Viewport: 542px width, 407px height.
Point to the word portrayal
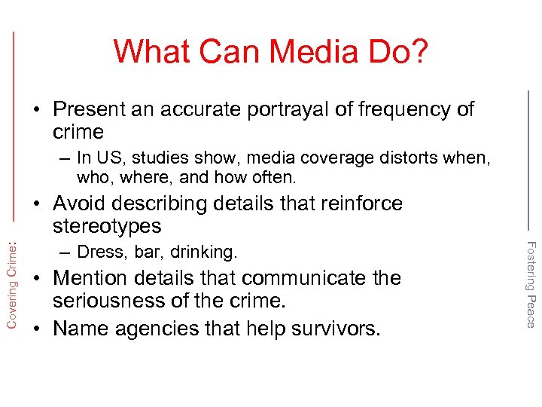coord(276,109)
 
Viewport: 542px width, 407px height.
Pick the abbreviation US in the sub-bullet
coord(102,158)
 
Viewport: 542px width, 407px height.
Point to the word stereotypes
coord(107,226)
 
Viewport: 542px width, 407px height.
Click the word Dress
coord(99,252)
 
